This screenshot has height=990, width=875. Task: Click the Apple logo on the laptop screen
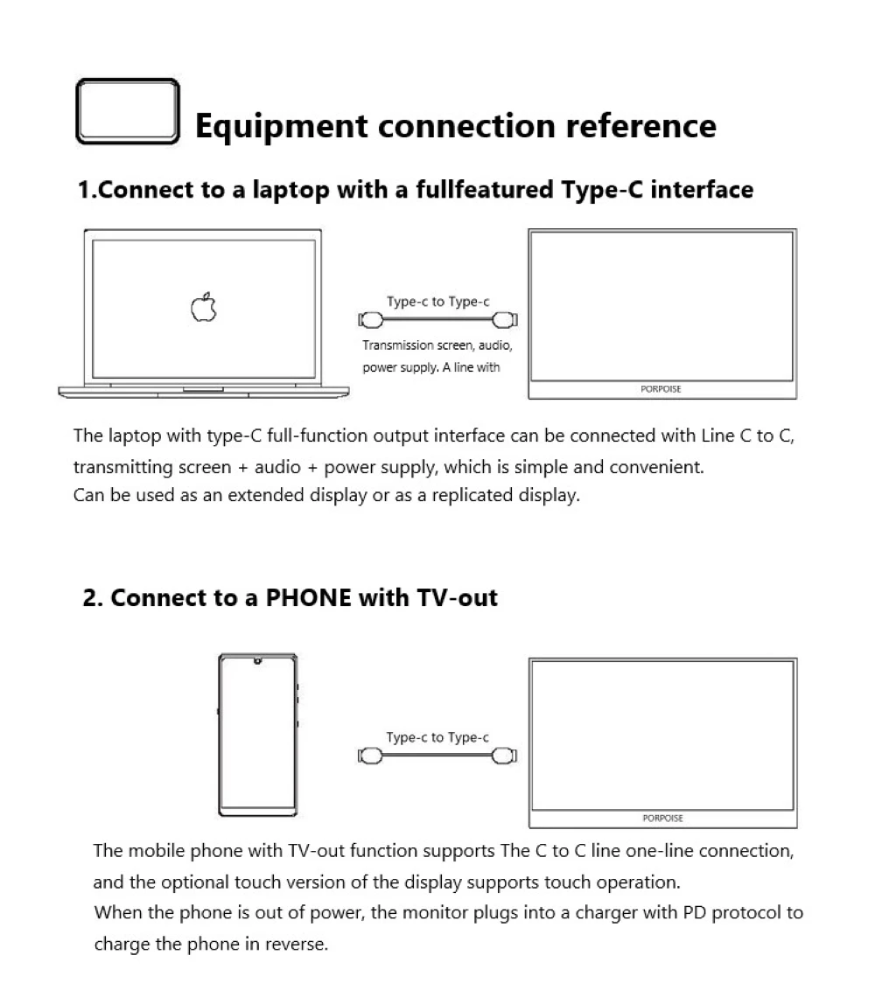[204, 308]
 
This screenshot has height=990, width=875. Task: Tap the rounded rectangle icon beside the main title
[128, 111]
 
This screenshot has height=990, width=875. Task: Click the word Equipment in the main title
[281, 126]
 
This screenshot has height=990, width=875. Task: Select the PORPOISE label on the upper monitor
[661, 389]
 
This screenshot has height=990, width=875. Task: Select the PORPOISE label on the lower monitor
[662, 819]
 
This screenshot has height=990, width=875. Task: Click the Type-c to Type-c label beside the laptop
[437, 302]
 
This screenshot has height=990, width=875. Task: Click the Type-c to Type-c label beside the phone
[437, 737]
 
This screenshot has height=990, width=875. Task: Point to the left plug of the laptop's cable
[368, 321]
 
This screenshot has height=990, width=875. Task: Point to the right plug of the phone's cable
[506, 756]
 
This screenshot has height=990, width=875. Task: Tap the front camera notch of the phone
[257, 661]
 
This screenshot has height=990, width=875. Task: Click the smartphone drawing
[257, 735]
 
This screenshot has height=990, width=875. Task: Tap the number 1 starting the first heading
[84, 190]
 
